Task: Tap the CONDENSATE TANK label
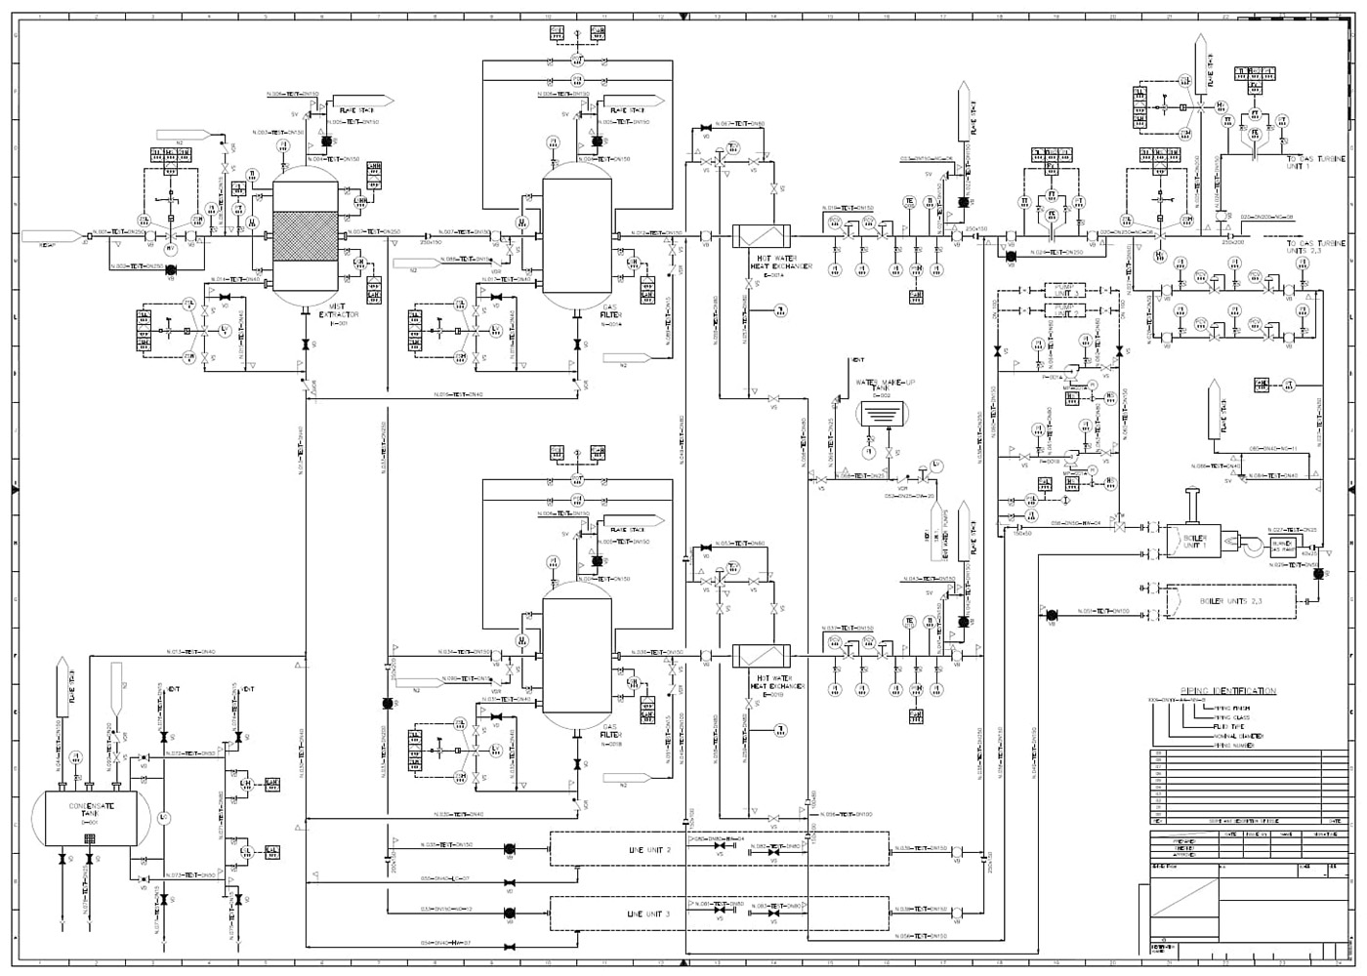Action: pyautogui.click(x=91, y=809)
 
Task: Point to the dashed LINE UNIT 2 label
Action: pyautogui.click(x=648, y=850)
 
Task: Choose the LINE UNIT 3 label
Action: pyautogui.click(x=648, y=915)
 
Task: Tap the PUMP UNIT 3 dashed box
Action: pyautogui.click(x=1067, y=291)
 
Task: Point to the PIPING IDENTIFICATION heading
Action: pyautogui.click(x=1227, y=691)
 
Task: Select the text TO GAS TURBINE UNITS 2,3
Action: pyautogui.click(x=1314, y=247)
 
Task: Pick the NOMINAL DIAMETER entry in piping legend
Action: pyautogui.click(x=1238, y=736)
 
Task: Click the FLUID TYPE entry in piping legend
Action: pyautogui.click(x=1231, y=727)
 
